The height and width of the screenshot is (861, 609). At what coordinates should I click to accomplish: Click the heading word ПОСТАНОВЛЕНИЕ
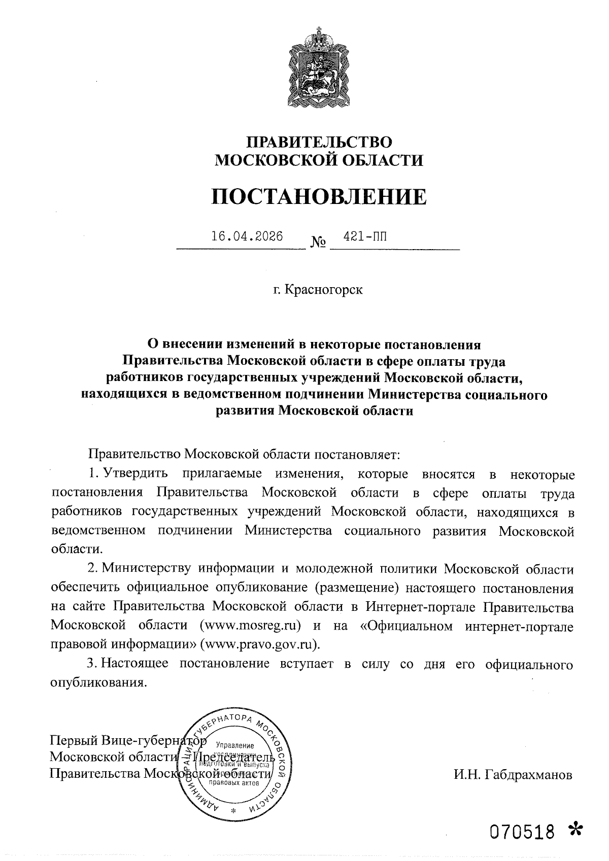coord(319,197)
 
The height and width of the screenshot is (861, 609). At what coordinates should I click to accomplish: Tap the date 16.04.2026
coord(247,237)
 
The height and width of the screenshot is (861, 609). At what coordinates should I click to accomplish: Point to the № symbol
coord(318,243)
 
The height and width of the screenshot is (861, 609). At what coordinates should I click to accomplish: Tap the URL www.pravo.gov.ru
coord(259,644)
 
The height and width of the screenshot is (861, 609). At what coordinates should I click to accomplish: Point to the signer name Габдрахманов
coord(528,775)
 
